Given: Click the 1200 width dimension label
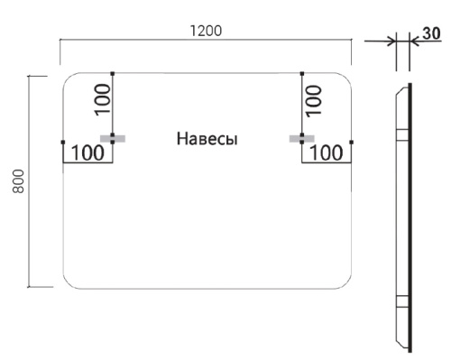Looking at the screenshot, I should tap(206, 29).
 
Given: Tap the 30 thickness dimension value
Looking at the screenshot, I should tap(430, 35).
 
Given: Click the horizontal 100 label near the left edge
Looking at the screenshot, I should tap(87, 152).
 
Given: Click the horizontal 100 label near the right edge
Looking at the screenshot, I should tap(327, 152).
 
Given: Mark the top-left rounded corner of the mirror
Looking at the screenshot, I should tap(69, 80).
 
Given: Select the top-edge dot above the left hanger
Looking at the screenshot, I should tap(112, 73).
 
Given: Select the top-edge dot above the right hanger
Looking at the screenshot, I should tap(302, 73).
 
